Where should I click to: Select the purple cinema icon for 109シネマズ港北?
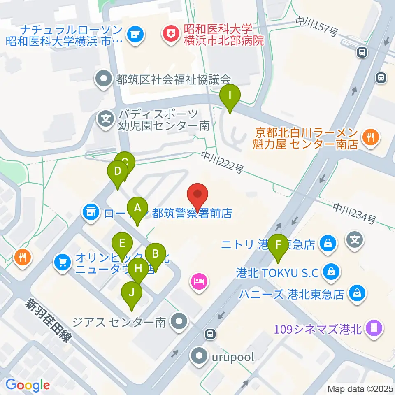pos(375,328)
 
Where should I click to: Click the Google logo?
pos(28,385)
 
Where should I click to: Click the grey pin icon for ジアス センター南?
pos(179,321)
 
